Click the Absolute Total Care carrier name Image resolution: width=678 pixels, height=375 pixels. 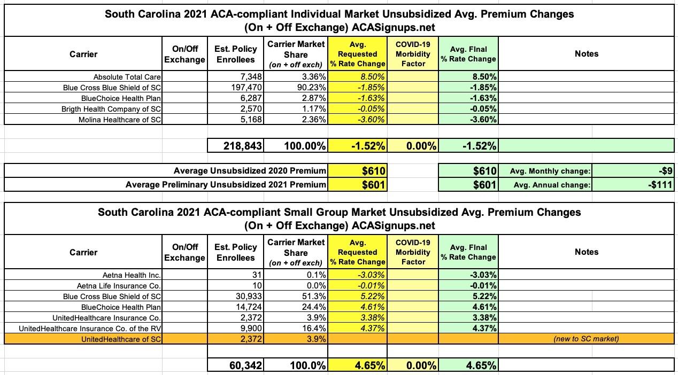127,77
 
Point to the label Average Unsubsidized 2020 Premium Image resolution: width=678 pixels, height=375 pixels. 250,171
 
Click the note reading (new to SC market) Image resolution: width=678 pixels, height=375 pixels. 587,339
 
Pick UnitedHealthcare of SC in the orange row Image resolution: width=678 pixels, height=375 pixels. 121,339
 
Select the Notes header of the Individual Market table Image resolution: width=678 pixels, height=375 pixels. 587,54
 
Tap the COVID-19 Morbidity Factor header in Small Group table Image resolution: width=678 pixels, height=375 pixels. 413,252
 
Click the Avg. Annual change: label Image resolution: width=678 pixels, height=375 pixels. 550,185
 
